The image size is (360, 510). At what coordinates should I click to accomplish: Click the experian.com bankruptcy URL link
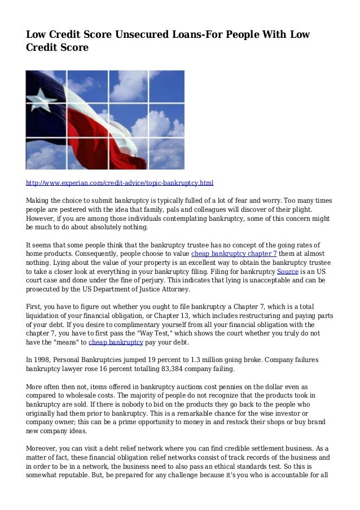tap(120, 184)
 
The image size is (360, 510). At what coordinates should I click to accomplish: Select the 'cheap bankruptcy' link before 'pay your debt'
tap(116, 342)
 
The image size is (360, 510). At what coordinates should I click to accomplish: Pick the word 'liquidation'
tap(47, 315)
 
